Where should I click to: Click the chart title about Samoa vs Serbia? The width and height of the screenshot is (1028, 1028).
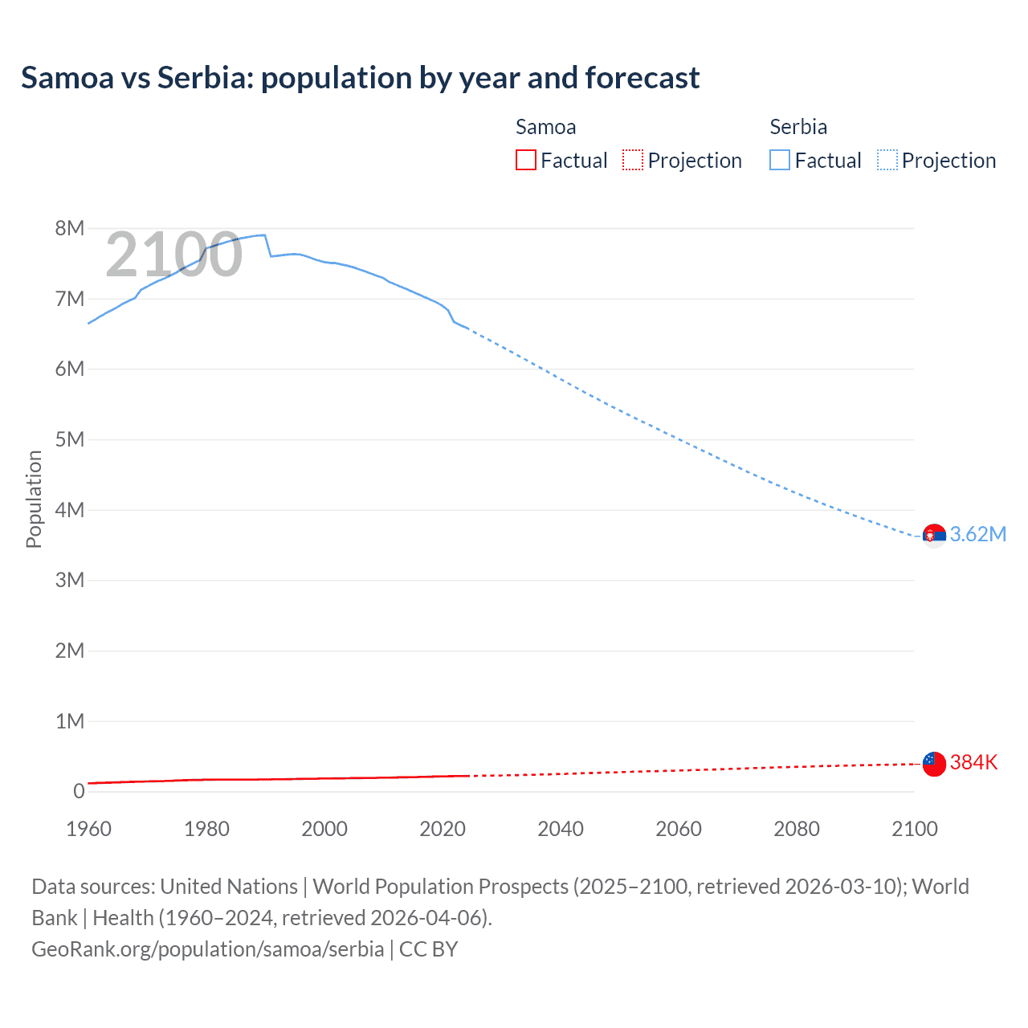pos(360,78)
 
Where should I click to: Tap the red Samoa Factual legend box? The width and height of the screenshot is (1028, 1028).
pos(525,160)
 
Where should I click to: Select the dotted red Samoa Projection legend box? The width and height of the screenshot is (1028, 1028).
pos(633,160)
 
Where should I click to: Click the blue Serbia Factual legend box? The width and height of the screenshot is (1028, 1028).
pos(780,160)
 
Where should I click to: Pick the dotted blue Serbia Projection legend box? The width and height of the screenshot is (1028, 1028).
pos(887,160)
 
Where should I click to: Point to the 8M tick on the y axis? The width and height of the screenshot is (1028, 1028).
pos(70,228)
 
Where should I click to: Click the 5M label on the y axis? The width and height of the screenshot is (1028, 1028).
pos(70,439)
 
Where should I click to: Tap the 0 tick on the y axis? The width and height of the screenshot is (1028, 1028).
pos(79,791)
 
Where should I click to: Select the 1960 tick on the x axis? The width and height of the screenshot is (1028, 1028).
pos(88,829)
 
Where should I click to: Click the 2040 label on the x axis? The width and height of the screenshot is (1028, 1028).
pos(561,829)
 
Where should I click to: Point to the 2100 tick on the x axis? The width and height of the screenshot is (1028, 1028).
pos(914,829)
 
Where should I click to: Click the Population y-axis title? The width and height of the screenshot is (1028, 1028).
pos(34,499)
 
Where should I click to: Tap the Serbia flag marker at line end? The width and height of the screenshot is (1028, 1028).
pos(934,535)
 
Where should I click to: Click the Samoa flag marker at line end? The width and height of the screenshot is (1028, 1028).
pos(934,763)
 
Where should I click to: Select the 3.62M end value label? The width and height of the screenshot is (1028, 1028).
pos(977,535)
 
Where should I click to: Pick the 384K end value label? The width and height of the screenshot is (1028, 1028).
pos(973,763)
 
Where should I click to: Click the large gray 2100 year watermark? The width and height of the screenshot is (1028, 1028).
pos(173,255)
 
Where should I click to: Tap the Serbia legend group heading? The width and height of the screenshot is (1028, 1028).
pos(798,127)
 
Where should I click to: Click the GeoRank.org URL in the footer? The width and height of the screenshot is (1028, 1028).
pos(207,949)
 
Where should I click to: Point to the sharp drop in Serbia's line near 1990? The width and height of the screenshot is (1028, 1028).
pos(268,246)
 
